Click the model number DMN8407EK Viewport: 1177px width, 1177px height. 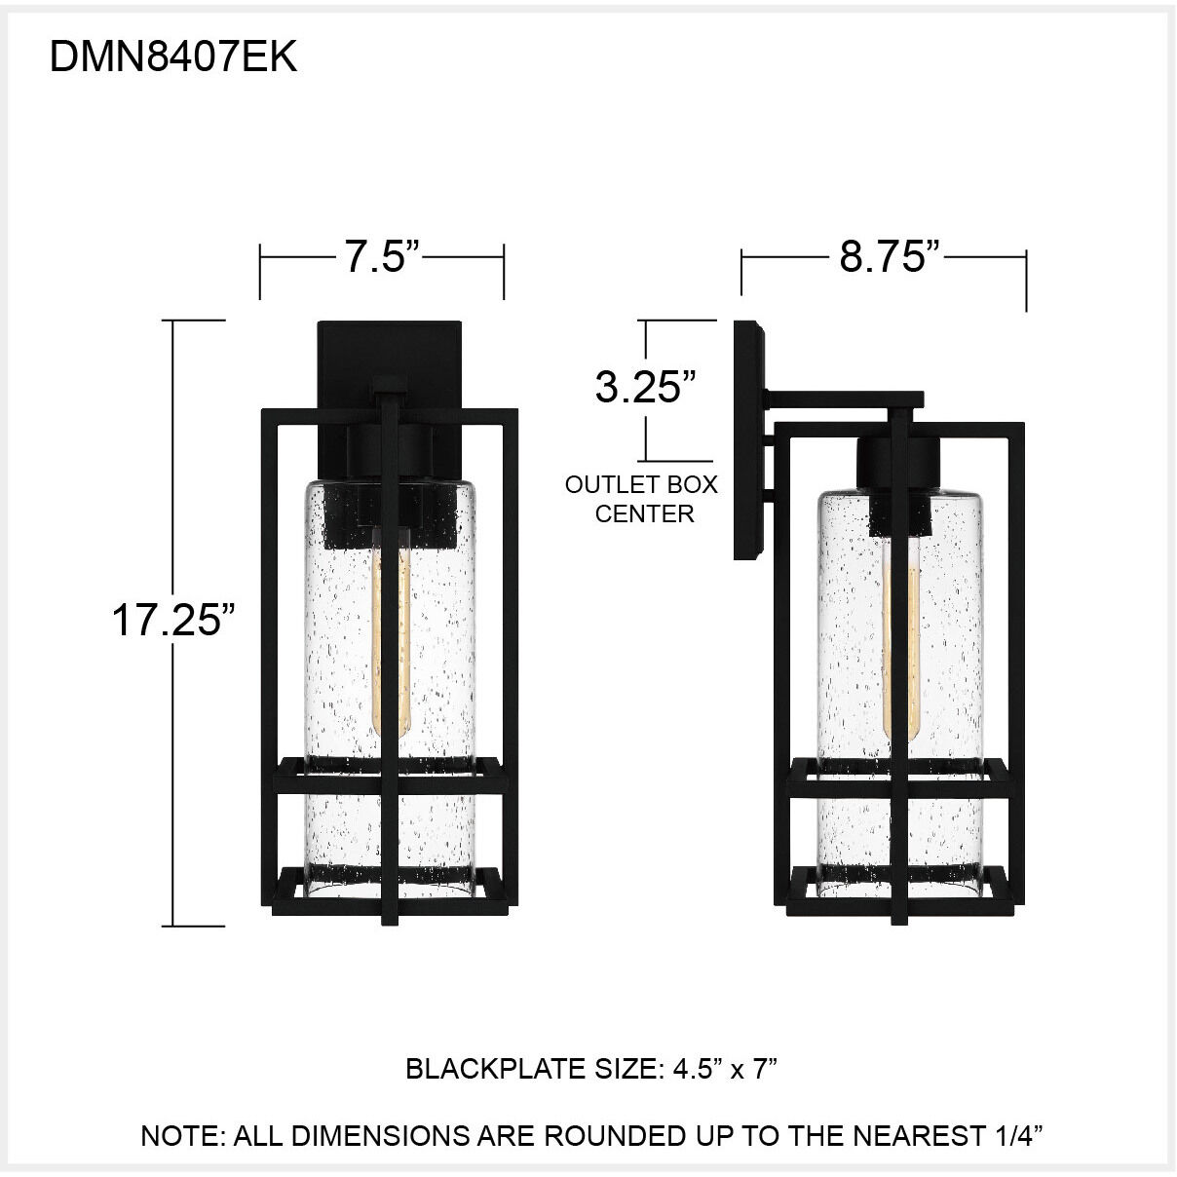click(x=172, y=58)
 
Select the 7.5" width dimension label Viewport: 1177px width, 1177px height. click(x=381, y=257)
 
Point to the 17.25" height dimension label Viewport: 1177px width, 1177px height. click(x=173, y=620)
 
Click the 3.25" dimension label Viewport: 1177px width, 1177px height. click(x=644, y=387)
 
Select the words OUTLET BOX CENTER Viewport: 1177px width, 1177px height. click(x=641, y=499)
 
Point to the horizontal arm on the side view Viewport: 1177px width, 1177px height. click(x=843, y=399)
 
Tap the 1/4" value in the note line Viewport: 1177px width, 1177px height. click(x=1016, y=1135)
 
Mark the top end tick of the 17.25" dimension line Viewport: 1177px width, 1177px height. click(x=199, y=321)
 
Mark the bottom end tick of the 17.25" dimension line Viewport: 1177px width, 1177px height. click(x=199, y=926)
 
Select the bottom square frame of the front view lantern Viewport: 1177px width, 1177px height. click(x=389, y=888)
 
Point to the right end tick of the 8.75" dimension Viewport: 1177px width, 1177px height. click(x=1026, y=283)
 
